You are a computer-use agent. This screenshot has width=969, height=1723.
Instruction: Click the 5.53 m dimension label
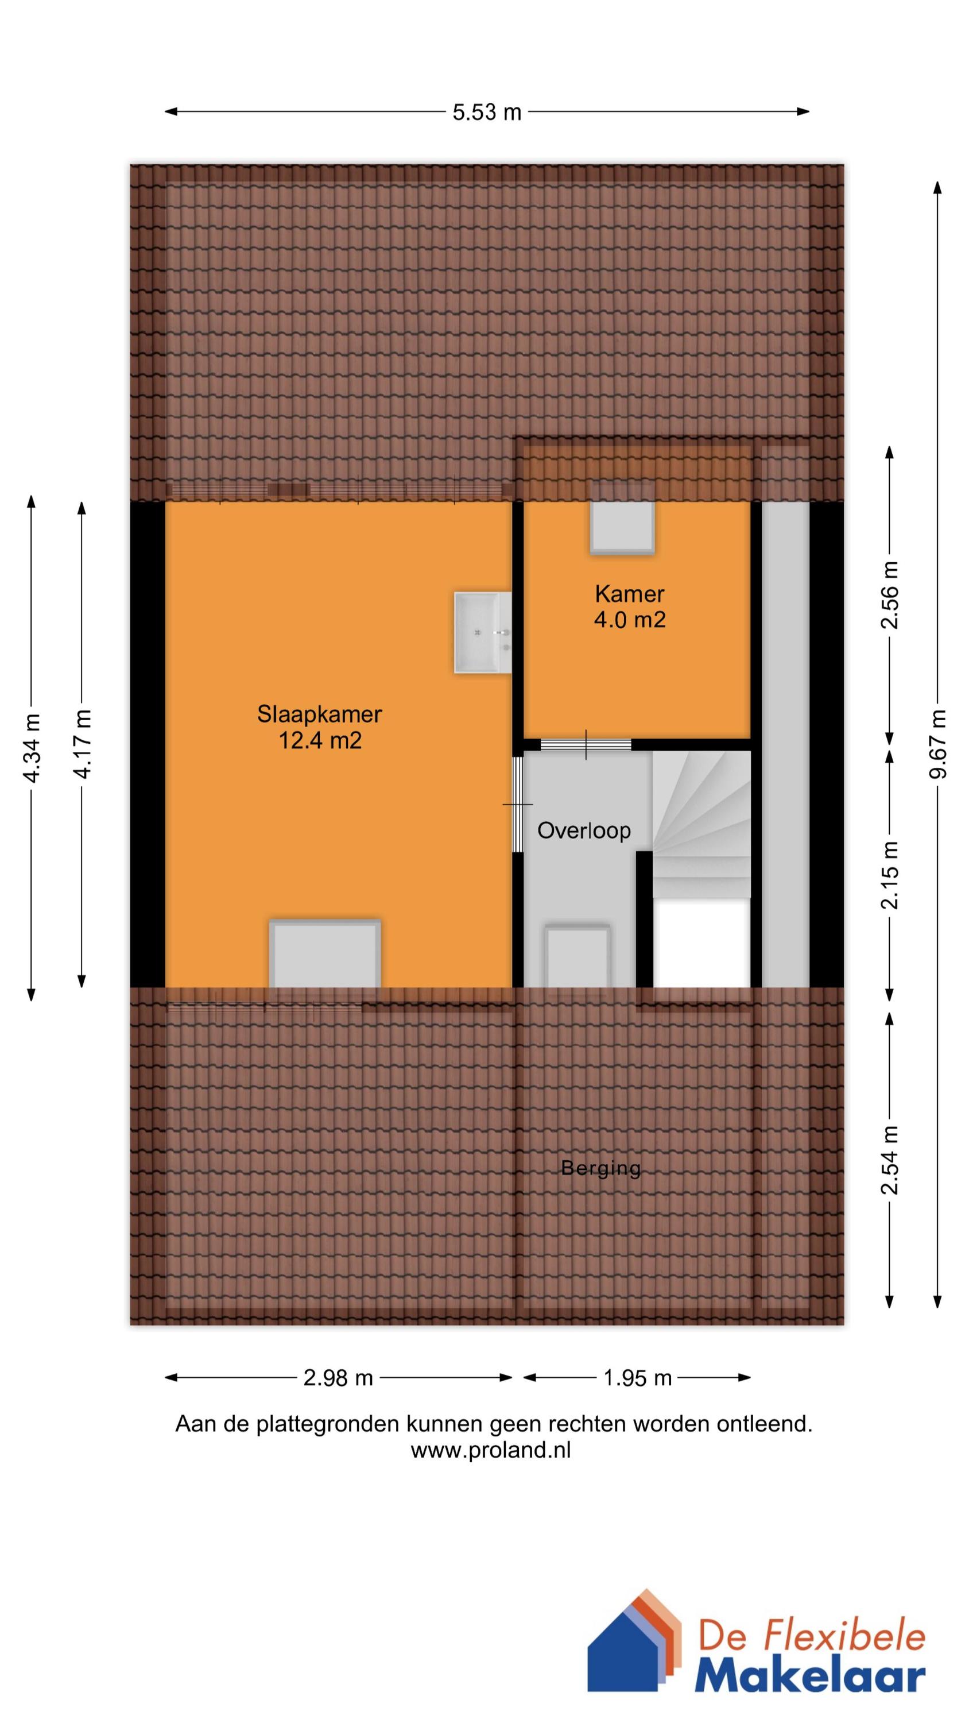pos(486,113)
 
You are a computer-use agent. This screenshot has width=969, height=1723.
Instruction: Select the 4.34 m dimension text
pos(32,747)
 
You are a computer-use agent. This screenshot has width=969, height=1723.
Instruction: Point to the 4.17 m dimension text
pos(82,744)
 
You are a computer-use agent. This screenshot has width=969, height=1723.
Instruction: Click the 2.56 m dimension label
pos(889,595)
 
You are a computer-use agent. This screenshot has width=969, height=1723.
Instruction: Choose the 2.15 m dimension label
pos(889,875)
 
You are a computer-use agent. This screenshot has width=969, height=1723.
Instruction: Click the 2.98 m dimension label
pos(338,1378)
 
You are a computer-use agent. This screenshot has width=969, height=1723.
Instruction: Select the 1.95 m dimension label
pos(637,1378)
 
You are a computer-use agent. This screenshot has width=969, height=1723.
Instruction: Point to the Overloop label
pos(584,830)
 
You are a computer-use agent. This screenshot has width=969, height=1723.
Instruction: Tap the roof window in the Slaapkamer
pos(325,954)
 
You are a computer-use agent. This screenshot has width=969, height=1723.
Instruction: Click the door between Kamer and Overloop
pos(586,744)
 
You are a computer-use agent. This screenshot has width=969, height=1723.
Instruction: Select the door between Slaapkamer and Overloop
pos(517,804)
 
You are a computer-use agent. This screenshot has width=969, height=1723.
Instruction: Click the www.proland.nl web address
pos(490,1450)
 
